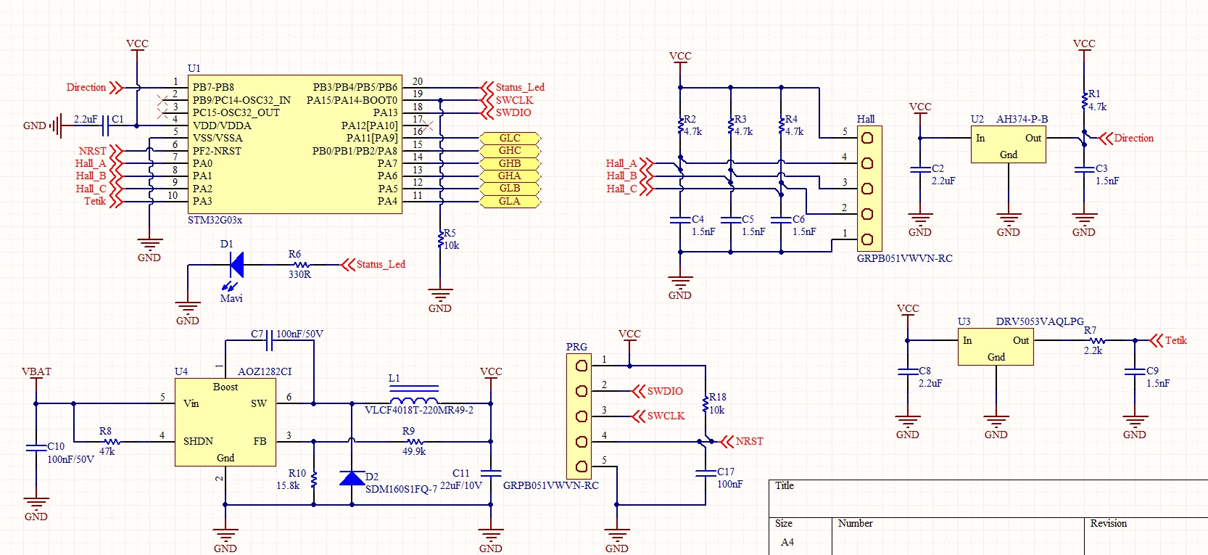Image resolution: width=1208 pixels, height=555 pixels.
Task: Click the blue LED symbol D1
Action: pyautogui.click(x=236, y=265)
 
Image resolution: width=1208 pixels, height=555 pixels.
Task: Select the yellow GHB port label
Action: pyautogui.click(x=510, y=163)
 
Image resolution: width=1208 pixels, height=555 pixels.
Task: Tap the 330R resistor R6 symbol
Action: pyautogui.click(x=300, y=265)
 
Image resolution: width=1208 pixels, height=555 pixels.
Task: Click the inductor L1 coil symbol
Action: pyautogui.click(x=413, y=400)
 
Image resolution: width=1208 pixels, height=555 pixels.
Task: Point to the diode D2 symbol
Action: pyautogui.click(x=352, y=478)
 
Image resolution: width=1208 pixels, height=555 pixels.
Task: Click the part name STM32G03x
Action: pyautogui.click(x=215, y=220)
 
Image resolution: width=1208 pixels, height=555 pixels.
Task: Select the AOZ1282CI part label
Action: pyautogui.click(x=265, y=371)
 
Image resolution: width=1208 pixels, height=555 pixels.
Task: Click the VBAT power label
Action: pyautogui.click(x=36, y=371)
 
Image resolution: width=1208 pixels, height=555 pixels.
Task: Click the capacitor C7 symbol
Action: pyautogui.click(x=270, y=340)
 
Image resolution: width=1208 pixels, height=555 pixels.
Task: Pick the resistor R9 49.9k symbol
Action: pyautogui.click(x=415, y=442)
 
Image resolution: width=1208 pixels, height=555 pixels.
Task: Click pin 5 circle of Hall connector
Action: pyautogui.click(x=867, y=138)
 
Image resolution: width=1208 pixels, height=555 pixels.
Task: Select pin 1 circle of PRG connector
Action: pyautogui.click(x=582, y=366)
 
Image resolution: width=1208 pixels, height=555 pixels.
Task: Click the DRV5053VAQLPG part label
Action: pyautogui.click(x=1040, y=321)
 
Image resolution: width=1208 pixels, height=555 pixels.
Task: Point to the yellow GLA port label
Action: pyautogui.click(x=510, y=201)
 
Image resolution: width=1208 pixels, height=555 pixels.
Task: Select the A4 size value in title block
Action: pyautogui.click(x=787, y=542)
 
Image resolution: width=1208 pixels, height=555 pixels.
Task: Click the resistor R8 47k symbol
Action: pyautogui.click(x=112, y=442)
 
